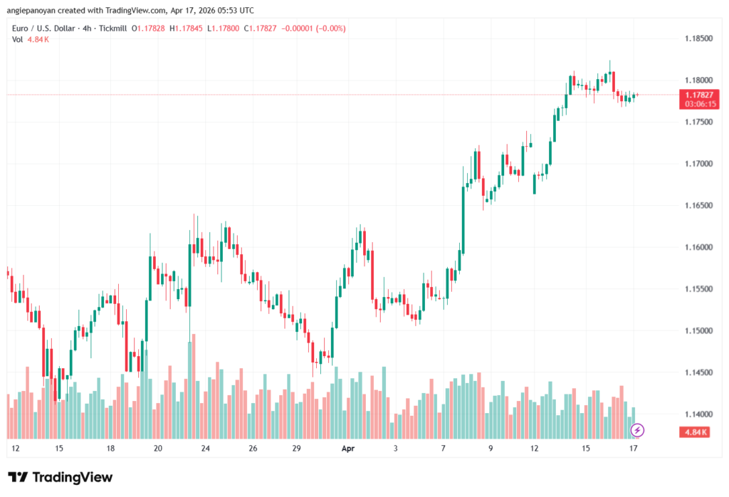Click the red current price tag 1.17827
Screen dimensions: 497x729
tap(700, 95)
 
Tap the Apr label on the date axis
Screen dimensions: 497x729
tap(347, 449)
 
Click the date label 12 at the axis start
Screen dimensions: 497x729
tap(16, 449)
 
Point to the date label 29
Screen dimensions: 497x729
tap(297, 449)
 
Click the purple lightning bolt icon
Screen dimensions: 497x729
tap(638, 429)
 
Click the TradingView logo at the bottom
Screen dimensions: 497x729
tap(61, 477)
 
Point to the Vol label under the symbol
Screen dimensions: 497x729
tap(18, 39)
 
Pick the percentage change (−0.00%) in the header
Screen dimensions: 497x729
tap(327, 28)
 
